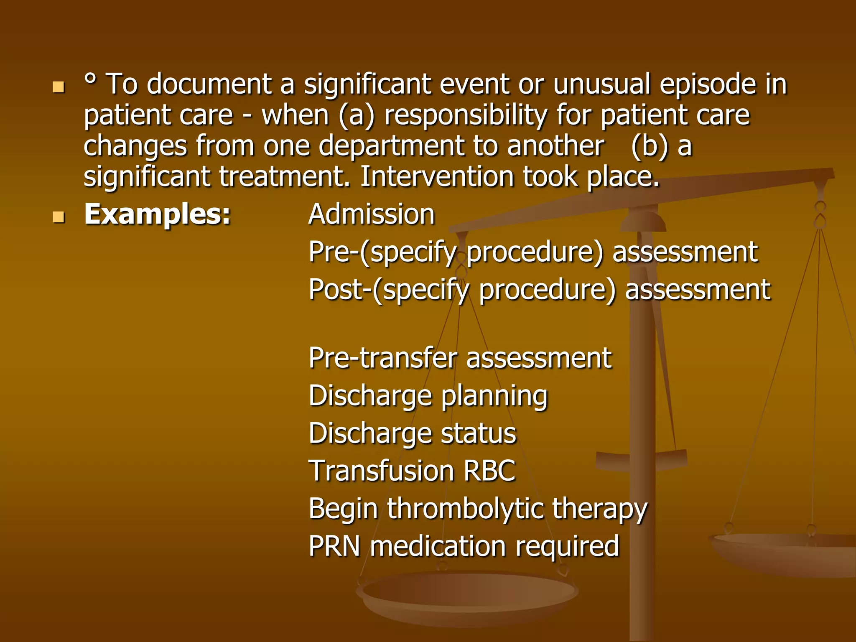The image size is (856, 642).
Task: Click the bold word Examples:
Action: click(157, 214)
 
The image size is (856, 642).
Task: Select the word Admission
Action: click(372, 214)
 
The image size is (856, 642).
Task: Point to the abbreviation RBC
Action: click(489, 471)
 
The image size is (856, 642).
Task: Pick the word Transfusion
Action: click(381, 471)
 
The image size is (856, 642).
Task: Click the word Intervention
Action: click(437, 177)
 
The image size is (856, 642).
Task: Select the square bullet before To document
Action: click(59, 87)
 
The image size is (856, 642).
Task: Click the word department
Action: click(391, 146)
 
